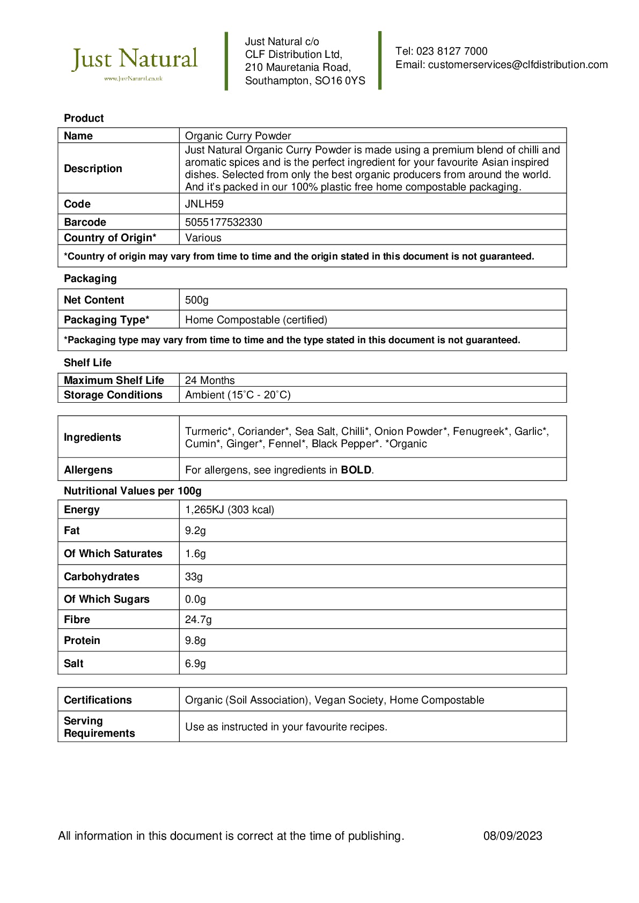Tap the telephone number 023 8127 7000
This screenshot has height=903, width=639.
[452, 51]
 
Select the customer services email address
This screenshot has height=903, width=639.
[518, 65]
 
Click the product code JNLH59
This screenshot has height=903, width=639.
[204, 204]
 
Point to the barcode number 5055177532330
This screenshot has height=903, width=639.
[224, 223]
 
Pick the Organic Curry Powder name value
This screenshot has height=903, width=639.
[238, 136]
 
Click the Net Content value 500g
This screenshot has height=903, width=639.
[197, 300]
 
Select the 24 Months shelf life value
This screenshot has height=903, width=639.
[210, 381]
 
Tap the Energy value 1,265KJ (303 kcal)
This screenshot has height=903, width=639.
[230, 510]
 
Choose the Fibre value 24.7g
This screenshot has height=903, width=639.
[199, 620]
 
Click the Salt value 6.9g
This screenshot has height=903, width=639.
[195, 664]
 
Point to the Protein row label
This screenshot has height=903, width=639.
[82, 641]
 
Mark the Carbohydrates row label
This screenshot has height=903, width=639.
[101, 577]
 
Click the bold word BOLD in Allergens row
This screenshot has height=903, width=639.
[356, 470]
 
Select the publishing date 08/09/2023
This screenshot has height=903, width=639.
[512, 836]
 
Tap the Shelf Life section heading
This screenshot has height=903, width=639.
[87, 363]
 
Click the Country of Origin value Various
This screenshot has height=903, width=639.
[203, 238]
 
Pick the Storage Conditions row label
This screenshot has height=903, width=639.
[113, 395]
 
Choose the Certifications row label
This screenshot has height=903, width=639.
[98, 700]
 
